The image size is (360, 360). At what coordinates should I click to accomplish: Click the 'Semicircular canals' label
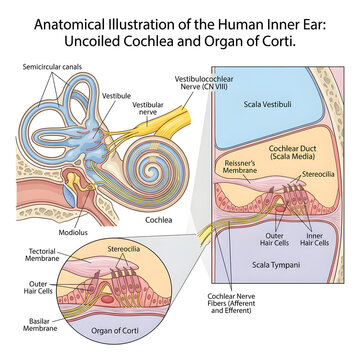(52, 67)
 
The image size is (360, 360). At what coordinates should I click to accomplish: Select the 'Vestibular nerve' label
(148, 108)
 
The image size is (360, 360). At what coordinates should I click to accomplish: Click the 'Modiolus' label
(73, 232)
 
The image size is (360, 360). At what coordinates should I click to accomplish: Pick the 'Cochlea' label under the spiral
(159, 220)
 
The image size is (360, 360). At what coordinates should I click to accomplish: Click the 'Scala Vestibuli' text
(267, 104)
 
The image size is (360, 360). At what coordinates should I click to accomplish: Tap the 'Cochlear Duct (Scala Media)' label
(292, 151)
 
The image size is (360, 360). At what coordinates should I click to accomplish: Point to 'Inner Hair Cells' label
(314, 239)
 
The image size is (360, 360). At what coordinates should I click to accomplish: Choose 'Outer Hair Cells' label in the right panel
(274, 239)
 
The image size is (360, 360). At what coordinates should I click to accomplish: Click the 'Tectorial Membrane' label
(42, 255)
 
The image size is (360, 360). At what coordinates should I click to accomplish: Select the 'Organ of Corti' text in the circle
(115, 331)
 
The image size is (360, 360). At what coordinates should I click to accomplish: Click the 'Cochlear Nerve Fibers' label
(231, 303)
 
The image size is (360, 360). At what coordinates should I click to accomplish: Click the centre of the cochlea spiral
(152, 171)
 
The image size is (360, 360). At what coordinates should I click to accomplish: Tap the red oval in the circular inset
(107, 299)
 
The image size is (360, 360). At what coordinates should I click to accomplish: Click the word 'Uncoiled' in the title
(90, 42)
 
